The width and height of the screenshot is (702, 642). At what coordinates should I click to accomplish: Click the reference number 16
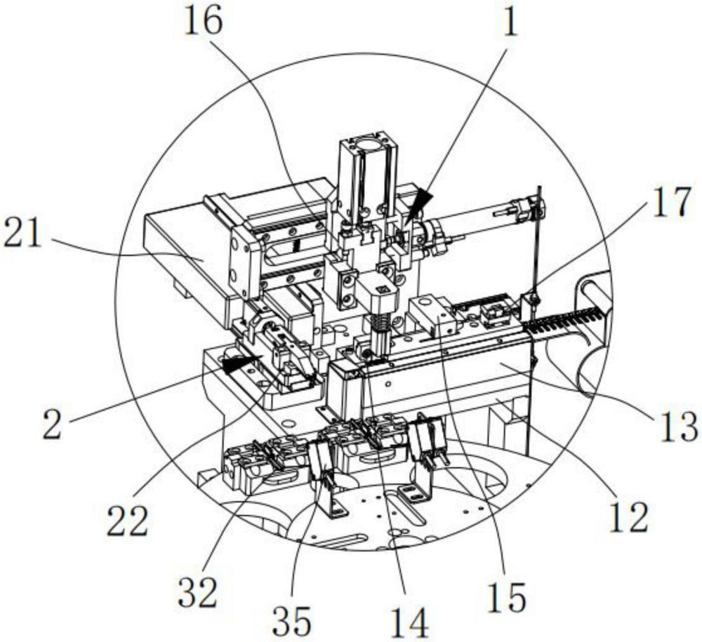pyautogui.click(x=203, y=22)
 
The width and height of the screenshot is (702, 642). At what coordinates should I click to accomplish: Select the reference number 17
pyautogui.click(x=671, y=202)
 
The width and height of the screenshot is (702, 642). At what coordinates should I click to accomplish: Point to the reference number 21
pyautogui.click(x=22, y=232)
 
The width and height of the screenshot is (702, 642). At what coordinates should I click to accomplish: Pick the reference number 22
pyautogui.click(x=127, y=521)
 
